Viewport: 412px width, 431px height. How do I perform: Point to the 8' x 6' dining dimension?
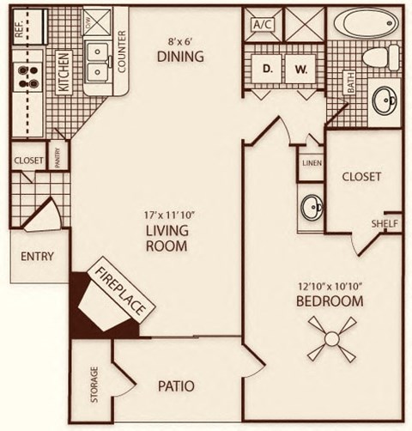pos(179,39)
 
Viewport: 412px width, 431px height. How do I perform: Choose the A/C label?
pos(262,25)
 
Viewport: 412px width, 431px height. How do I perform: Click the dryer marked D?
pos(267,68)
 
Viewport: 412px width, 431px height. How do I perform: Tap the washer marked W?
pos(300,68)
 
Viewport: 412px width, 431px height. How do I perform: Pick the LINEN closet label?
pos(311,163)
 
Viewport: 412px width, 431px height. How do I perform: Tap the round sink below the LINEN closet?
pos(312,206)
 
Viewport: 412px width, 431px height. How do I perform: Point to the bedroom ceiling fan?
pos(330,337)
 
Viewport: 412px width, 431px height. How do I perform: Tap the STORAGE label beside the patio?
pos(93,384)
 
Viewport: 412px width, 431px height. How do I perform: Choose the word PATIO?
pos(176,385)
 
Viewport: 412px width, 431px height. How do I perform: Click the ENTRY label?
pos(37,256)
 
